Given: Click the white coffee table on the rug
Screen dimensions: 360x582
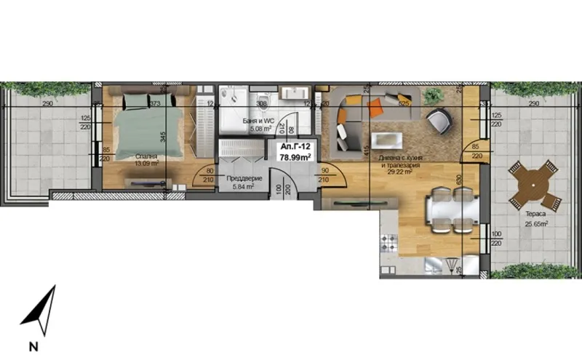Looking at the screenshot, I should pyautogui.click(x=386, y=140).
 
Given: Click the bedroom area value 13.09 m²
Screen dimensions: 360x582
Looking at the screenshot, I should pyautogui.click(x=145, y=163).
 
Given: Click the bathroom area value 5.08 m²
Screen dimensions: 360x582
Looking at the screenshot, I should pyautogui.click(x=260, y=129).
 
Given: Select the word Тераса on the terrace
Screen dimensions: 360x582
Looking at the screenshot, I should pyautogui.click(x=536, y=216).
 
